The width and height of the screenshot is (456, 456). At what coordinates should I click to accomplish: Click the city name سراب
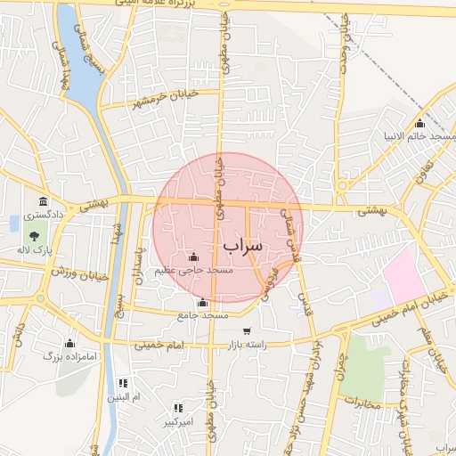(243, 243)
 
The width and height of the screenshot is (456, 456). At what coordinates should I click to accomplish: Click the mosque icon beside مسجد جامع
(203, 303)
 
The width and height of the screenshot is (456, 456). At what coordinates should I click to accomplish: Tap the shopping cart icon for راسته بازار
(259, 331)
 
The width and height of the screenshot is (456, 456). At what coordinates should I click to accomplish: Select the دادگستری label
(39, 215)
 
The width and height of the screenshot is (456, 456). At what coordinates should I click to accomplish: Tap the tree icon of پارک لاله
(34, 236)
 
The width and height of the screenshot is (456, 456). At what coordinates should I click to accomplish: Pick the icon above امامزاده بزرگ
(69, 343)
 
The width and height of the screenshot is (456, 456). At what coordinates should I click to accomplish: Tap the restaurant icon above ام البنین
(124, 383)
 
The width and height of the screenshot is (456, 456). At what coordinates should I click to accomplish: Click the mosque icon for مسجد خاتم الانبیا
(419, 123)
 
